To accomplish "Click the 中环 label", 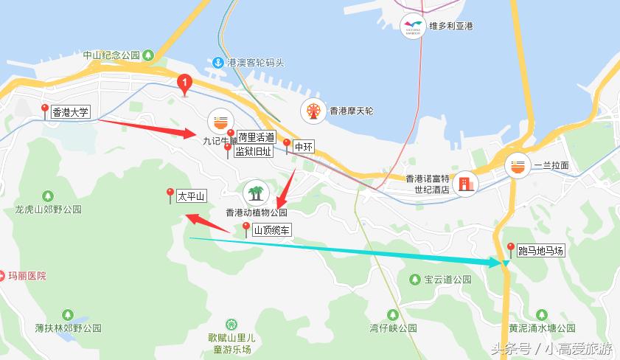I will point(304,147).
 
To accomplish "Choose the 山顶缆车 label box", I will point(272,230).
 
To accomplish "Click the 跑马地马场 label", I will point(540,252).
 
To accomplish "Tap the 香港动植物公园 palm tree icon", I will point(256,193).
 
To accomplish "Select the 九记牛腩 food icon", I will point(219,120).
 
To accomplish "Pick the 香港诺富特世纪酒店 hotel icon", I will point(466,183).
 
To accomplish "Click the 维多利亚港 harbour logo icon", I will point(413,27).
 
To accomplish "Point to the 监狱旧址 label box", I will point(253,152).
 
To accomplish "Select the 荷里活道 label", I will point(257,137).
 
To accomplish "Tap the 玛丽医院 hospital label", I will point(27,276).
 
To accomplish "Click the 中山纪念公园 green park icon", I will point(149,55).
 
